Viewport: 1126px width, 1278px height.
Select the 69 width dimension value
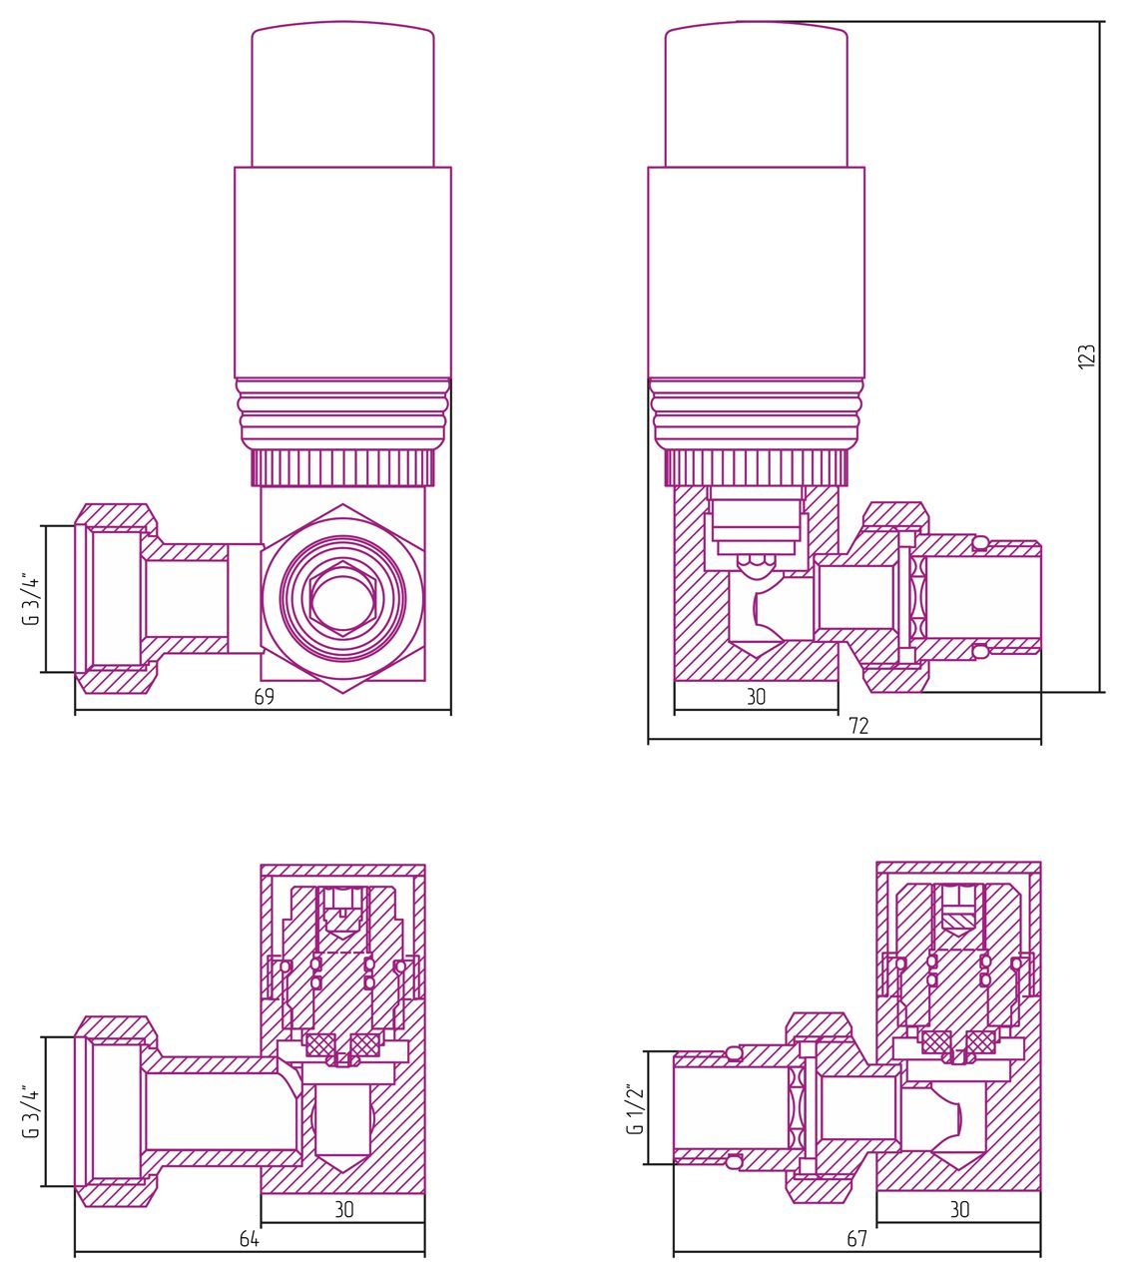pyautogui.click(x=264, y=697)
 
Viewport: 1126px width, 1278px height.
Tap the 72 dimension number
pyautogui.click(x=858, y=726)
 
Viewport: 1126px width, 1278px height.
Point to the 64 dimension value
pyautogui.click(x=250, y=1239)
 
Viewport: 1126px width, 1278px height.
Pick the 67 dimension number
pyautogui.click(x=856, y=1239)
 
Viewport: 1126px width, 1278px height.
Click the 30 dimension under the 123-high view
pyautogui.click(x=756, y=697)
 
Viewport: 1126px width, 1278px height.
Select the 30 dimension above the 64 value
pyautogui.click(x=343, y=1210)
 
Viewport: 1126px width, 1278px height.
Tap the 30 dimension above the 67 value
pyautogui.click(x=959, y=1210)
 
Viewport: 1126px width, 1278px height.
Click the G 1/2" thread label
pyautogui.click(x=632, y=1108)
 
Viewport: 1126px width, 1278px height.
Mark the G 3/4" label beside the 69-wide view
pyautogui.click(x=32, y=599)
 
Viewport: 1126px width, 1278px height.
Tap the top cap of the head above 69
pyautogui.click(x=342, y=95)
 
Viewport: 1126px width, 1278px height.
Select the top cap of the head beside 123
pyautogui.click(x=757, y=95)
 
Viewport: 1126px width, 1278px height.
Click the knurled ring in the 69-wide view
pyautogui.click(x=342, y=467)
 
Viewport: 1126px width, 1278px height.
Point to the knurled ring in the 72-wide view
pyautogui.click(x=757, y=467)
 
